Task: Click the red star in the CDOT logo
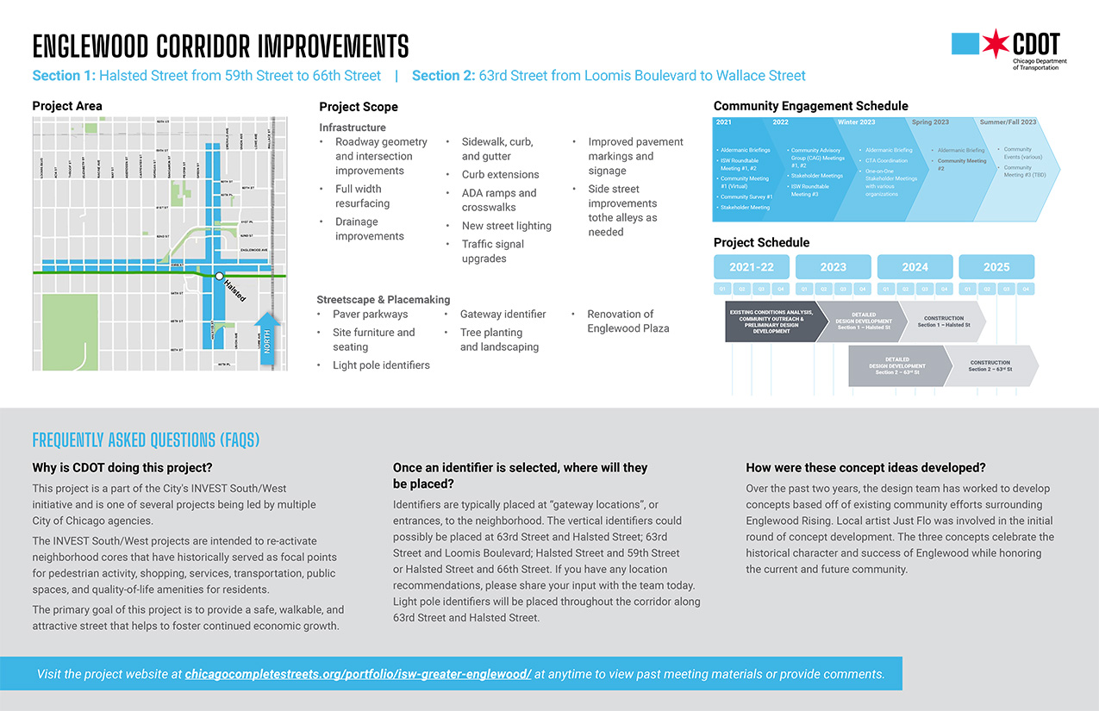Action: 996,44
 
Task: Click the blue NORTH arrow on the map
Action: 267,336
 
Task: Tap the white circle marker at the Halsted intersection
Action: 219,276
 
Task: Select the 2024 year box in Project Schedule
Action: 915,267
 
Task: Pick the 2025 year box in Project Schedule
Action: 996,267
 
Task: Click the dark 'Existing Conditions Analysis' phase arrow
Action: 771,321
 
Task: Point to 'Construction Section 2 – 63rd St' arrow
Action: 990,366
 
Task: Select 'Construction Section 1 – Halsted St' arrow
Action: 943,321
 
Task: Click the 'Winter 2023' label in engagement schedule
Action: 856,122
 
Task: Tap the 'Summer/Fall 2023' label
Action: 1008,122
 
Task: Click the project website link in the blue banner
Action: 358,674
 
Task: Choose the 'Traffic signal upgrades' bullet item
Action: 493,251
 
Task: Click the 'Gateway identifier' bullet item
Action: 503,314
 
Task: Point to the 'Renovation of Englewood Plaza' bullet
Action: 628,321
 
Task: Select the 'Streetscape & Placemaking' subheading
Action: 384,299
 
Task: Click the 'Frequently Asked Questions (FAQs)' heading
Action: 146,440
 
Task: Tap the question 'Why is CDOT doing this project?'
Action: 122,468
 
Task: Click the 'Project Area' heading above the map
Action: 67,106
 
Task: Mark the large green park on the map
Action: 65,332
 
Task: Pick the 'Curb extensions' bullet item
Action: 500,174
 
